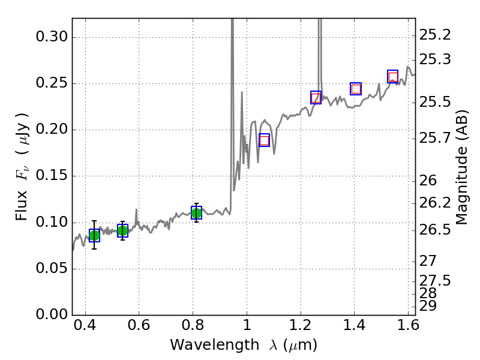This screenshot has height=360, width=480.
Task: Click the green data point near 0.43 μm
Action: click(x=94, y=235)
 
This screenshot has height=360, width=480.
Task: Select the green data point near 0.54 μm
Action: click(x=122, y=230)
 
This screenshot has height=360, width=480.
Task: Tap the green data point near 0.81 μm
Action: click(x=196, y=212)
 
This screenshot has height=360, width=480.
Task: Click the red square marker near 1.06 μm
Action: click(x=264, y=140)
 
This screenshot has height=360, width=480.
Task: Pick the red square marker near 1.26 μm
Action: click(x=316, y=98)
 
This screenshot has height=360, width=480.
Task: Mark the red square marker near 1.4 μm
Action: click(x=356, y=89)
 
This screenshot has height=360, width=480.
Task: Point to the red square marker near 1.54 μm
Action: click(x=393, y=77)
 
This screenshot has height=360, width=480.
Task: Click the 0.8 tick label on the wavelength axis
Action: click(x=193, y=328)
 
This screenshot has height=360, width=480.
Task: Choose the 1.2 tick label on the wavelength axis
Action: click(x=301, y=328)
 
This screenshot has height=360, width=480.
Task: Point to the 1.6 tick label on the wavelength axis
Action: click(x=408, y=328)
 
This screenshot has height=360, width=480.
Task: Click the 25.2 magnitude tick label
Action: click(x=435, y=35)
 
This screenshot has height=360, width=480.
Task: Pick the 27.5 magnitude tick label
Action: click(x=435, y=280)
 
